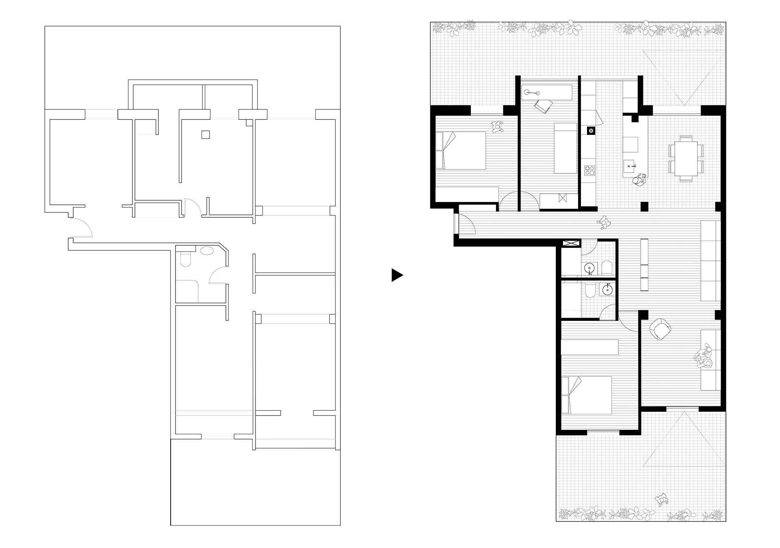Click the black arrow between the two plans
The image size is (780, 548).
coord(396,275)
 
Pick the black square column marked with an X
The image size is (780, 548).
coord(591,131)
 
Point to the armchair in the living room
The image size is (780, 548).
coord(660,329)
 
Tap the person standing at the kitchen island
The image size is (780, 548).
coord(640,181)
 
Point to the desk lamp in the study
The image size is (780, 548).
coord(530,93)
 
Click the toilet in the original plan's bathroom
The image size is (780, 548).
coord(185,259)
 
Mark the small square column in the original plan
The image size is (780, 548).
coord(206,135)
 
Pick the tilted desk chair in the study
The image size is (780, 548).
coord(542,106)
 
